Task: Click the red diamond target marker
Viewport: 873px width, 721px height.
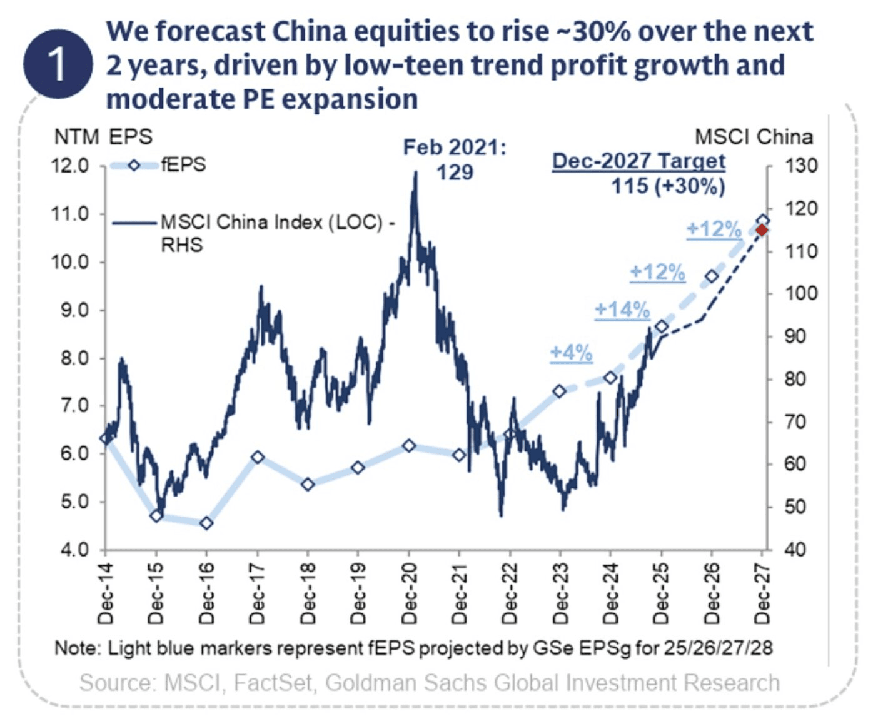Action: [x=762, y=231]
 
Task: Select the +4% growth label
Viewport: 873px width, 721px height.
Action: [x=571, y=353]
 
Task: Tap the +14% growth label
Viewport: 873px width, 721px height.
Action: [x=622, y=310]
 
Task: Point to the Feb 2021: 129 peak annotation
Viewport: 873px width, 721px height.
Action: [x=455, y=159]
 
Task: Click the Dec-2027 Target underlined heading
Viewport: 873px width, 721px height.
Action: [x=638, y=161]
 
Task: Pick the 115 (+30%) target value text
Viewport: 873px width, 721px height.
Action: [x=668, y=186]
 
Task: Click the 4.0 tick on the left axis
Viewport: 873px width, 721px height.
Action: [x=74, y=550]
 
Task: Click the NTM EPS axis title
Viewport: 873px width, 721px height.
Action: [x=103, y=137]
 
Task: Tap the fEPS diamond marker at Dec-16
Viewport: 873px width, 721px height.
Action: [x=206, y=523]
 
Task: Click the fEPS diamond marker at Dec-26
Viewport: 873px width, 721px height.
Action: [x=711, y=276]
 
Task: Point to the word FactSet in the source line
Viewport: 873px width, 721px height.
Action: [x=273, y=683]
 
